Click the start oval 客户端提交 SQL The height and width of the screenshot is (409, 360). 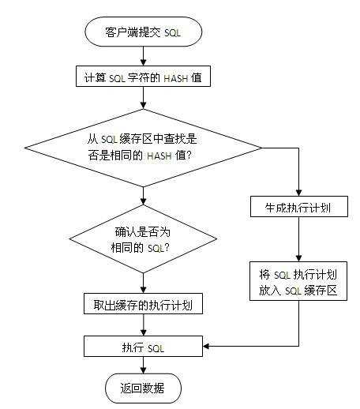(143, 32)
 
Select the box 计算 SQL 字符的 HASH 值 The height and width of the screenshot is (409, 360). (143, 77)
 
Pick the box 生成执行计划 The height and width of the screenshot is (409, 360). (299, 208)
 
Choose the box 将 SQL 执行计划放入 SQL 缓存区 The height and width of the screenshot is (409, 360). (299, 282)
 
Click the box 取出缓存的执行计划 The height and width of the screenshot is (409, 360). (143, 304)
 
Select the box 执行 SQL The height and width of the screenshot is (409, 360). (143, 347)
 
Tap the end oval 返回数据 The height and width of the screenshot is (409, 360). (143, 388)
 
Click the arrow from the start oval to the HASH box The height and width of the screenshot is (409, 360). (143, 55)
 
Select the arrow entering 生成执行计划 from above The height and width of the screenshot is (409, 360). (299, 170)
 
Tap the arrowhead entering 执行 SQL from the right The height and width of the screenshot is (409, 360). (208, 347)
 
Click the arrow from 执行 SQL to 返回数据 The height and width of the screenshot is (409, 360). (143, 366)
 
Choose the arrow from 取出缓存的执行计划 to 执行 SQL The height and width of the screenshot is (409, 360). (143, 325)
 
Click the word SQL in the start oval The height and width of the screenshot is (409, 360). (171, 33)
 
